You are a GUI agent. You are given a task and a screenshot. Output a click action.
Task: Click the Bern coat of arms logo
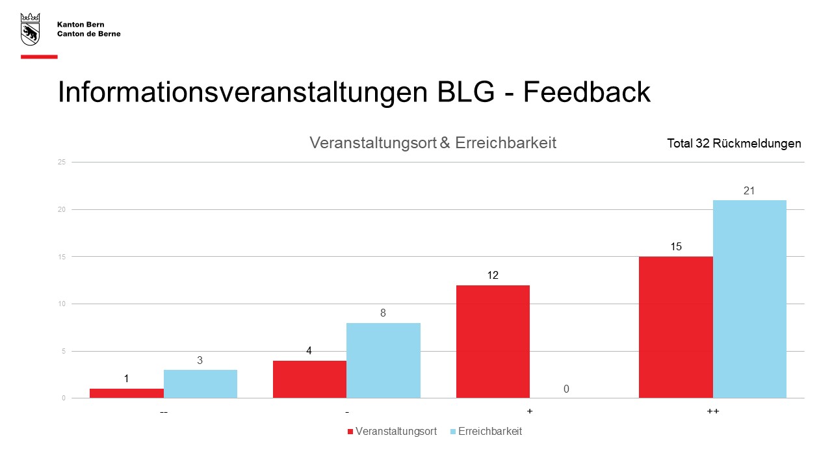click(30, 29)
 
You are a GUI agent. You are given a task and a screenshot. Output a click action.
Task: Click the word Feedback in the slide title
click(586, 92)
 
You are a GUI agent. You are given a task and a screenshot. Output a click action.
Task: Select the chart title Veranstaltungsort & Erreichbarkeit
click(433, 142)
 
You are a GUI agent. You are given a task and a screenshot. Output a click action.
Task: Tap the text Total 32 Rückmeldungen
click(734, 144)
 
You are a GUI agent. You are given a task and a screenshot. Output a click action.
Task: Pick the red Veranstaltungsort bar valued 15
click(675, 327)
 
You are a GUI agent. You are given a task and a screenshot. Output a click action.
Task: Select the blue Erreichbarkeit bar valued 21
click(749, 299)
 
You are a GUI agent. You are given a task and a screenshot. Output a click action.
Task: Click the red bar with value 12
click(493, 342)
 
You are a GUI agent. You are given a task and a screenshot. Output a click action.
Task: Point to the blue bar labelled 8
click(383, 360)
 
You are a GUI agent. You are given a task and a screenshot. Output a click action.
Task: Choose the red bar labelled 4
click(310, 379)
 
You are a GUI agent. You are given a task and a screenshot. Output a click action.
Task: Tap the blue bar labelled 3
click(200, 384)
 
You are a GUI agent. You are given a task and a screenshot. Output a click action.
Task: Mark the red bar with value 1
click(127, 393)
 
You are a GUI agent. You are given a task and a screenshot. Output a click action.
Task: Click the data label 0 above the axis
click(566, 389)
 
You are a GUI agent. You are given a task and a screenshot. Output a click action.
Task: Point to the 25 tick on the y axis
click(62, 162)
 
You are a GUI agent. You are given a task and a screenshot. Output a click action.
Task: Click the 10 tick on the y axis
click(62, 304)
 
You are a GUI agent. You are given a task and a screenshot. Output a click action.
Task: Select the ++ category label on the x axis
click(713, 411)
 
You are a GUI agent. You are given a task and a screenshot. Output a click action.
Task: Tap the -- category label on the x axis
click(164, 412)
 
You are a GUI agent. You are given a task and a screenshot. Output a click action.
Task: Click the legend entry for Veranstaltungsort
click(392, 431)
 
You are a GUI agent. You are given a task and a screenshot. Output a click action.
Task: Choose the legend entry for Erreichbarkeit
click(486, 431)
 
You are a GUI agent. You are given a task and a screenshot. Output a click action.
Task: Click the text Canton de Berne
click(89, 34)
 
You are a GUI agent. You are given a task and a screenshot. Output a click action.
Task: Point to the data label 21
click(749, 191)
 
